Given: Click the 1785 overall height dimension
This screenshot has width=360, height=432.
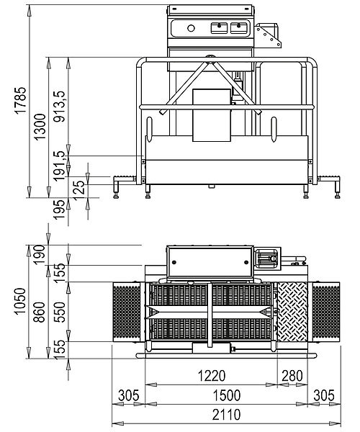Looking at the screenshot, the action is [x=21, y=100].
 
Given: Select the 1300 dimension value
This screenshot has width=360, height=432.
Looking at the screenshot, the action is [x=40, y=127].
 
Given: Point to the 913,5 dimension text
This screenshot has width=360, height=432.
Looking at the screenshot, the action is [x=60, y=107].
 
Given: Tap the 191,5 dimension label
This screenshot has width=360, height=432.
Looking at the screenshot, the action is [x=60, y=166].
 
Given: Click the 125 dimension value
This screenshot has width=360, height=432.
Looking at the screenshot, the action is [x=78, y=191].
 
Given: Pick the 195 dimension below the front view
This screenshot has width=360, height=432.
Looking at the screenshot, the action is [x=60, y=210].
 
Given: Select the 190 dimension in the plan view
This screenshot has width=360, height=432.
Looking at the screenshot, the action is [x=40, y=255].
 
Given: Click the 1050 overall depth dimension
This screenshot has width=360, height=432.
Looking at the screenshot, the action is [x=21, y=301].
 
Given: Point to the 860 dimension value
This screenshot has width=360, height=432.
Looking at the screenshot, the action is [x=40, y=312].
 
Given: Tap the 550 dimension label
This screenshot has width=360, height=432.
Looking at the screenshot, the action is [x=60, y=312].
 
